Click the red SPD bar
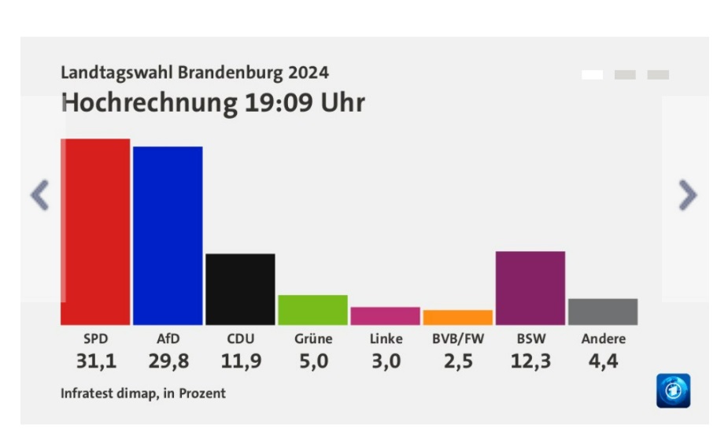point(95,231)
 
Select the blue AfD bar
point(168,236)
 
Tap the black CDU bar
point(240,289)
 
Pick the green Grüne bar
point(313,310)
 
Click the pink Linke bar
point(386,316)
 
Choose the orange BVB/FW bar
point(458,317)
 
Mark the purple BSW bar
point(530,288)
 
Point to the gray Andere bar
point(603,312)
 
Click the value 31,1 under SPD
point(96,361)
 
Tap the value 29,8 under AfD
point(168,361)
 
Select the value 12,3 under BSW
point(530,361)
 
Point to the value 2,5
point(458,361)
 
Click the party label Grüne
point(313,338)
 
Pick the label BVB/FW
point(458,338)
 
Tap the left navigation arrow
point(40,195)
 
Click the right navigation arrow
point(688,195)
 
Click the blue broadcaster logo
point(673,390)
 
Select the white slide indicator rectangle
point(593,75)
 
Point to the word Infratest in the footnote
point(87,393)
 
